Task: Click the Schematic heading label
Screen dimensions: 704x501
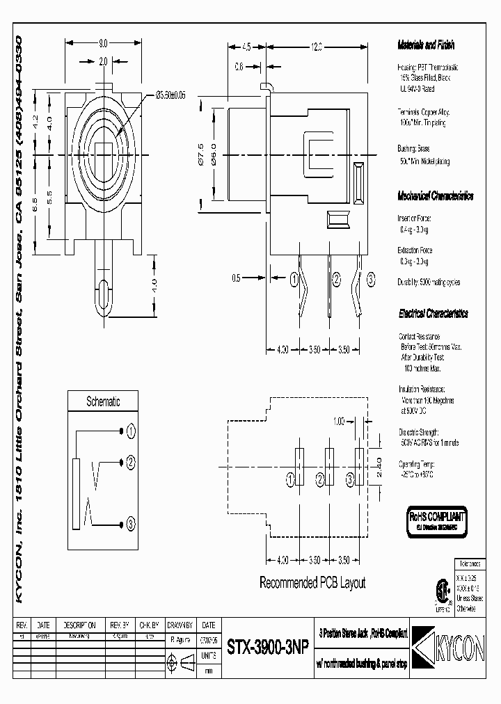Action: click(102, 401)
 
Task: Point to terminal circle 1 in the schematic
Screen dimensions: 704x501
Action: click(130, 431)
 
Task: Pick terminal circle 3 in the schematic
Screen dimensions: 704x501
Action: click(130, 524)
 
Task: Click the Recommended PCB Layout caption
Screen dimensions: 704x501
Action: click(312, 583)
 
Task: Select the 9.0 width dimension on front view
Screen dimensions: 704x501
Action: click(102, 42)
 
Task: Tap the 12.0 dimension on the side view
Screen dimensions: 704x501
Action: click(317, 47)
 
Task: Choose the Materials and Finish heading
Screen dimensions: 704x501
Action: click(425, 45)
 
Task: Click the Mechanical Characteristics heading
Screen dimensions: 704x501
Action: click(435, 196)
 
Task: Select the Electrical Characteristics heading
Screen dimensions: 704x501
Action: click(433, 314)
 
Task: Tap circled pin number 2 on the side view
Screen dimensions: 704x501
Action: click(336, 280)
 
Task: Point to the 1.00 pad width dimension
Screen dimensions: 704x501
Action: click(339, 422)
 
